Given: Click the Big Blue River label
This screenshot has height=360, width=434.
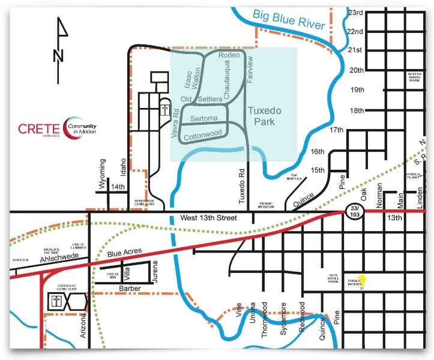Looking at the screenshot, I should click(288, 20).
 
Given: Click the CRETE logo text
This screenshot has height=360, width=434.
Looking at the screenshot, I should click(39, 128).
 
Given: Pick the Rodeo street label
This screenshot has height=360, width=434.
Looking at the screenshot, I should click(229, 55).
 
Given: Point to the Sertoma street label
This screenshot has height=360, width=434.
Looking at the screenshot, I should click(203, 119).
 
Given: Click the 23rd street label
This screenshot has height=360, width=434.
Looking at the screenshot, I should click(357, 13).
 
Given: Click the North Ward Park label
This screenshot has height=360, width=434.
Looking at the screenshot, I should click(414, 79).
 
